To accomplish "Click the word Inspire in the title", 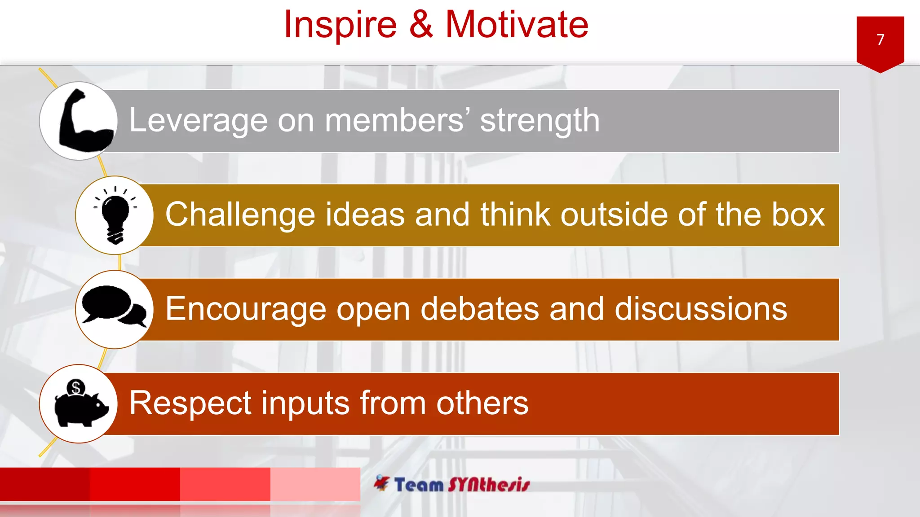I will coord(341,25).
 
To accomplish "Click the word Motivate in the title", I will coord(517,25).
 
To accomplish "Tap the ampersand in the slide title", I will coord(421,25).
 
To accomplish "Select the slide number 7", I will coord(880,40).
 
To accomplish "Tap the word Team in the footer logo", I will coord(419,485).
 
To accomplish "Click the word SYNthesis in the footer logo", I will coord(489,485).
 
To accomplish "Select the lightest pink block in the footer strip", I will coord(315,484).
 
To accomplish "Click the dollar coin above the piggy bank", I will coord(75,387).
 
